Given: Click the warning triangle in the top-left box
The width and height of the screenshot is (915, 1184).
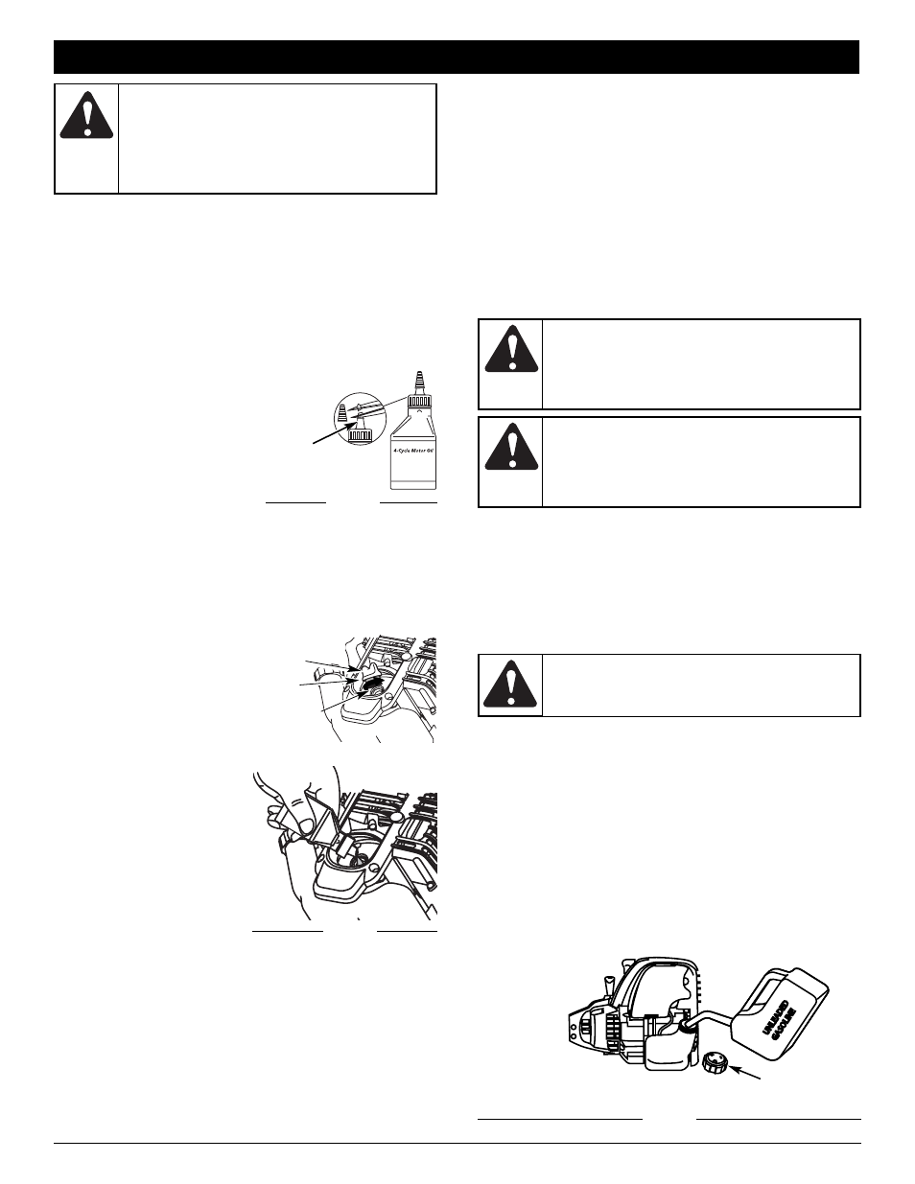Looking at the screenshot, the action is pyautogui.click(x=86, y=115).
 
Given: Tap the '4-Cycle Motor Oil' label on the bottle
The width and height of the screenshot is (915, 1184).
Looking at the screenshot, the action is pyautogui.click(x=413, y=452).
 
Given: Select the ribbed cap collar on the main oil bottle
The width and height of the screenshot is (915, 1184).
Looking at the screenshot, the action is pyautogui.click(x=420, y=402).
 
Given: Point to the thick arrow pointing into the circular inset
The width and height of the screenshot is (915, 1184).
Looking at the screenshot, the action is pyautogui.click(x=332, y=434).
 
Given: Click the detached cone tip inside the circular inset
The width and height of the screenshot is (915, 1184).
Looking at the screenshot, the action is pyautogui.click(x=342, y=413).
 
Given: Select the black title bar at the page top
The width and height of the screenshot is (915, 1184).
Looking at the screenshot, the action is pyautogui.click(x=457, y=57).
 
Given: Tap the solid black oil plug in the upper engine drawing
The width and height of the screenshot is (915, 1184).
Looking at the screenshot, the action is pyautogui.click(x=372, y=683).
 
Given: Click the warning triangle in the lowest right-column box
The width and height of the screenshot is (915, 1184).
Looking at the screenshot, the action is pyautogui.click(x=510, y=684).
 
